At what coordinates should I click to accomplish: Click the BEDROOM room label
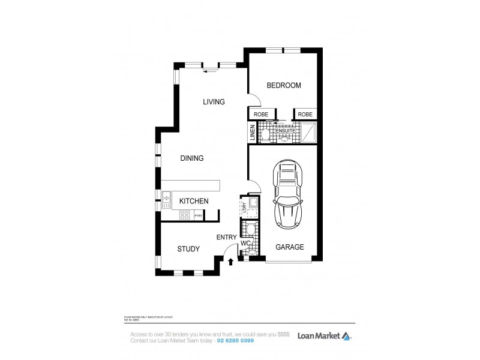[283, 86]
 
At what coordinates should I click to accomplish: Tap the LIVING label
[214, 102]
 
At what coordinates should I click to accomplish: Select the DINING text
[192, 158]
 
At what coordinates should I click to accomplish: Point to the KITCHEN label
[194, 201]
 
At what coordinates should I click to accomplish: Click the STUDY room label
[188, 249]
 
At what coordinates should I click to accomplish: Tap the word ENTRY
[226, 238]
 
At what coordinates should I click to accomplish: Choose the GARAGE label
[289, 247]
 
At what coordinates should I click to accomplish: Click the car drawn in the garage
[287, 195]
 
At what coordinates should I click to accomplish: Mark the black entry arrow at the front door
[231, 261]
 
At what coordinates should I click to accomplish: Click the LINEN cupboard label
[253, 133]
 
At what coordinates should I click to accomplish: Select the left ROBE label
[261, 114]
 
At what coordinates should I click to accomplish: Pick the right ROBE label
[305, 114]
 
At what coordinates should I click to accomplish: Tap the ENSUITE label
[286, 130]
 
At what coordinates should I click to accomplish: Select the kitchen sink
[166, 197]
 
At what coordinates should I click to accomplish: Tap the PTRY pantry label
[197, 215]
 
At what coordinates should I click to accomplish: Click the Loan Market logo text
[318, 336]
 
